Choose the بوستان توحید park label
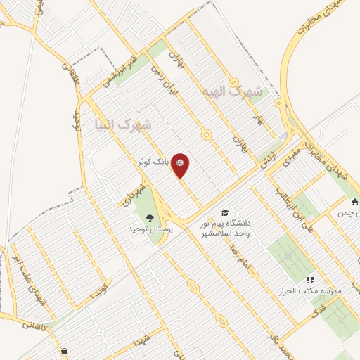(x=147, y=229)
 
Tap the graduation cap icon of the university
(x=225, y=212)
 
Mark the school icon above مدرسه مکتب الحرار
(x=310, y=280)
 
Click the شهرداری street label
(x=134, y=193)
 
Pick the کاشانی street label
(x=34, y=325)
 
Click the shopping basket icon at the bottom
(x=65, y=352)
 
